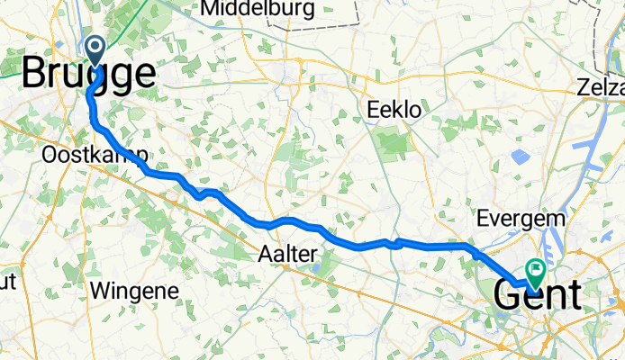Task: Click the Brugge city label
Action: pyautogui.click(x=87, y=73)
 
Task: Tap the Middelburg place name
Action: pyautogui.click(x=258, y=10)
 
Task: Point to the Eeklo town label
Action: pyautogui.click(x=394, y=110)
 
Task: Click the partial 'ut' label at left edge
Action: pyautogui.click(x=7, y=281)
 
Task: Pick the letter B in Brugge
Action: pyautogui.click(x=33, y=73)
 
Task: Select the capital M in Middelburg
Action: pyautogui.click(x=213, y=10)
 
